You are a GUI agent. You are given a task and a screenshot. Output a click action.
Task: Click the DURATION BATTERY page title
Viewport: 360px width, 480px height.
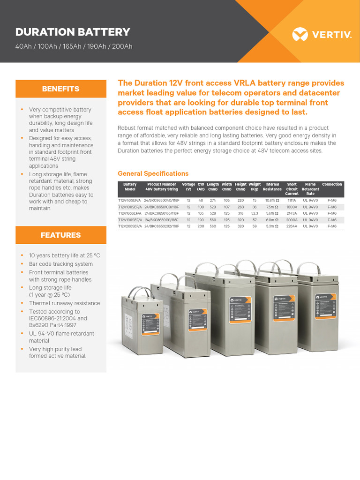pos(73,32)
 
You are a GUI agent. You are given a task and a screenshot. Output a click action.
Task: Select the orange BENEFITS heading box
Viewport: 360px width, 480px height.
pos(60,89)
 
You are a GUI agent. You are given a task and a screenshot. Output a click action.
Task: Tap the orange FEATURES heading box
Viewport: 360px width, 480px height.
pos(60,235)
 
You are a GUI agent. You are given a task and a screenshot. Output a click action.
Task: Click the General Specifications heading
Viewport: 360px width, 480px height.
pos(153,173)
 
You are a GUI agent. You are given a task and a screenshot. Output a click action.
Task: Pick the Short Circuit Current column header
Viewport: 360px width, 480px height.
pos(292,189)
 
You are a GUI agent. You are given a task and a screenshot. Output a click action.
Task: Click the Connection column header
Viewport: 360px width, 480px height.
pos(332,185)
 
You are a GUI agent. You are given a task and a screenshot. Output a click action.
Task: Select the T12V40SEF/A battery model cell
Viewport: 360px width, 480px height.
pos(129,200)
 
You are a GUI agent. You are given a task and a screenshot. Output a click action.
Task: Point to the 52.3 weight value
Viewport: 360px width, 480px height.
pos(255,213)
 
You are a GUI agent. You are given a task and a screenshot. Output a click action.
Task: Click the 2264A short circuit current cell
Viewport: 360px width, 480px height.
pos(292,226)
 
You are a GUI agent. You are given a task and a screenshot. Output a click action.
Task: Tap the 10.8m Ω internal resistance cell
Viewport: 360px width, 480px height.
pos(272,200)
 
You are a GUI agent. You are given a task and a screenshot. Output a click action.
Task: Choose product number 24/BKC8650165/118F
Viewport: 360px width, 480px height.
pos(162,213)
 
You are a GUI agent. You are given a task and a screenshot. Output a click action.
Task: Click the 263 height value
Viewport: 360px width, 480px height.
pos(240,207)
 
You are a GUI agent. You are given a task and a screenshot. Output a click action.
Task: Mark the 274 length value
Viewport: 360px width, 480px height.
pos(212,200)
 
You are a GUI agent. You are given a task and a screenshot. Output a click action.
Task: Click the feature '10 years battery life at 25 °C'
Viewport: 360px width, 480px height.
pos(64,255)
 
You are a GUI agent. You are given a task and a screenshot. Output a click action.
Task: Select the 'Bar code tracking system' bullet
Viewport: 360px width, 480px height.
pos(60,264)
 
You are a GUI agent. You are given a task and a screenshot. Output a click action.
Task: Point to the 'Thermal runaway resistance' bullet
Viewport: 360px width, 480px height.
pos(64,303)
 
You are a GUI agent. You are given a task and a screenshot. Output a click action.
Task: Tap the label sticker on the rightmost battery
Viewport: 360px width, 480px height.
pos(324,308)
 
